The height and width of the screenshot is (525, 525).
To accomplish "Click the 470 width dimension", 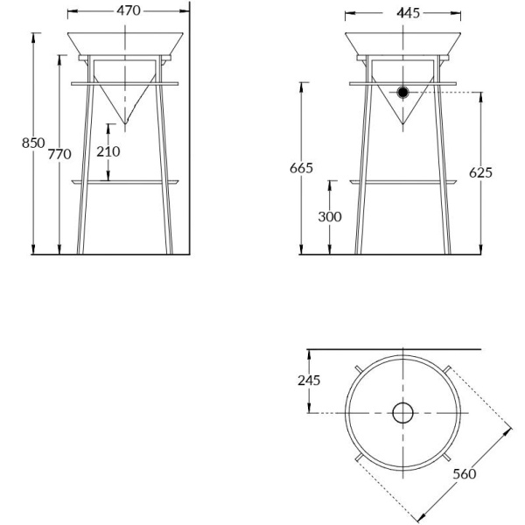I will click(x=128, y=11).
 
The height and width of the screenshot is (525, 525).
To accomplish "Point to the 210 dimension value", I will click(x=108, y=151).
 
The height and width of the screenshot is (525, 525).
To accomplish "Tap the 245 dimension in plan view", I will click(x=308, y=381).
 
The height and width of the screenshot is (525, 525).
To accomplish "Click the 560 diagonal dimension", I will click(x=465, y=473).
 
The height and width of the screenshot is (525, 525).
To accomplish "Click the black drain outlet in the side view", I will click(x=403, y=92).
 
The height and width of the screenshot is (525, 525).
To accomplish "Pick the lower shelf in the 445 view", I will click(x=403, y=182).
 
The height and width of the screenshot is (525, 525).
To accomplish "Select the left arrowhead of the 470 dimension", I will click(x=70, y=12).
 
